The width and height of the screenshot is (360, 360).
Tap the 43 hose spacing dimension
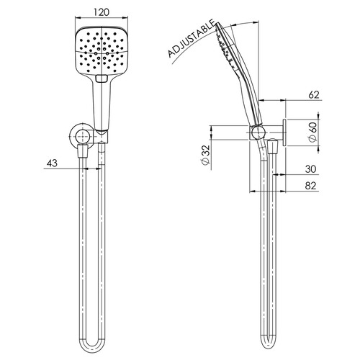point(51,163)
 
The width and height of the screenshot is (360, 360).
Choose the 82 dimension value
point(310,186)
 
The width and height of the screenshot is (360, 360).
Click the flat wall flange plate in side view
point(285,132)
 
